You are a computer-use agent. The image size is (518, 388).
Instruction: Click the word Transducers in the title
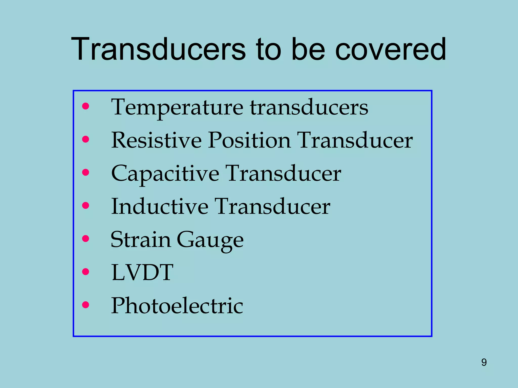click(158, 49)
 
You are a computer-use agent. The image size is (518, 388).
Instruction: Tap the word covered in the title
click(391, 49)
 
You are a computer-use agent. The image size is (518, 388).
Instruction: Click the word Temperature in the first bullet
click(177, 108)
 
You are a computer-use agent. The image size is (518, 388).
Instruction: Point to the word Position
click(249, 140)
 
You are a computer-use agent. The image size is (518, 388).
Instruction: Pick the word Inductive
click(160, 207)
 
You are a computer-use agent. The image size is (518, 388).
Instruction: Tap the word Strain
click(140, 239)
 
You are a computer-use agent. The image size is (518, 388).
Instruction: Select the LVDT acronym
click(142, 272)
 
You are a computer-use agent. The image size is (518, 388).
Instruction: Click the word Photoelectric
click(177, 306)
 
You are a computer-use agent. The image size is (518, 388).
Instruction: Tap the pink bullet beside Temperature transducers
click(86, 106)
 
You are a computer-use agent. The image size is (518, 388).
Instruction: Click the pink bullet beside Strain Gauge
click(86, 238)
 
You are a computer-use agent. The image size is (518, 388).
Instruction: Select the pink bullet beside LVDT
click(86, 272)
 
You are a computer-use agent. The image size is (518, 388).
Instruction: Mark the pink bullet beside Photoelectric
click(86, 305)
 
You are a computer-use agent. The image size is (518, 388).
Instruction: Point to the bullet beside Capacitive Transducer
click(86, 172)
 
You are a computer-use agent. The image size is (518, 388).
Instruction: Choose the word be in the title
click(308, 49)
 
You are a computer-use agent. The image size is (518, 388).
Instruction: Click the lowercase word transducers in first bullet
click(309, 108)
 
